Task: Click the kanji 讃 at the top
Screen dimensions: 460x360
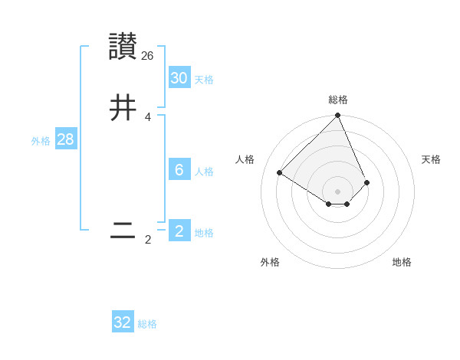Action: click(x=123, y=47)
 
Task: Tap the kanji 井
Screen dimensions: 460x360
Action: click(x=123, y=108)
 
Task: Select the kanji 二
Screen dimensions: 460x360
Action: click(x=123, y=231)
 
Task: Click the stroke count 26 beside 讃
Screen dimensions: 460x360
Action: click(x=148, y=56)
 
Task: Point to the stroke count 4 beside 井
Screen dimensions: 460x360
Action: click(x=147, y=117)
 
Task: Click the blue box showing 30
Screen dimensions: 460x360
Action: click(x=179, y=78)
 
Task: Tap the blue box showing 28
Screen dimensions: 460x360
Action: click(x=65, y=139)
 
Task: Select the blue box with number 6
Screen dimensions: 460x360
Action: click(x=179, y=170)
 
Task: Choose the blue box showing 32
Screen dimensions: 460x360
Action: click(x=123, y=322)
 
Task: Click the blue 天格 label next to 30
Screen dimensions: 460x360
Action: click(x=204, y=80)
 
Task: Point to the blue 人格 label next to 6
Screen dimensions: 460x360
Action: click(x=204, y=172)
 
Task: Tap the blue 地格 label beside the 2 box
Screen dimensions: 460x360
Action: click(x=204, y=233)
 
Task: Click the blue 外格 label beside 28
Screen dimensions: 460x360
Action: click(x=40, y=141)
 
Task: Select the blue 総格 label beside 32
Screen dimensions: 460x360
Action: click(x=147, y=324)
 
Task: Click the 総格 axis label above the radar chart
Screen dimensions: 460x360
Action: click(x=338, y=100)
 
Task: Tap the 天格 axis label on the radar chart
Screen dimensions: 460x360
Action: click(x=432, y=159)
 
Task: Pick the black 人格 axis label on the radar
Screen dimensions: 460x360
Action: click(x=245, y=159)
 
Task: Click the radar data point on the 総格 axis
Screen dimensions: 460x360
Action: click(x=338, y=116)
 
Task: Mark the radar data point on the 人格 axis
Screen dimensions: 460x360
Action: click(x=280, y=172)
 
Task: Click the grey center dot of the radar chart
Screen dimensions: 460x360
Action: click(x=338, y=191)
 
